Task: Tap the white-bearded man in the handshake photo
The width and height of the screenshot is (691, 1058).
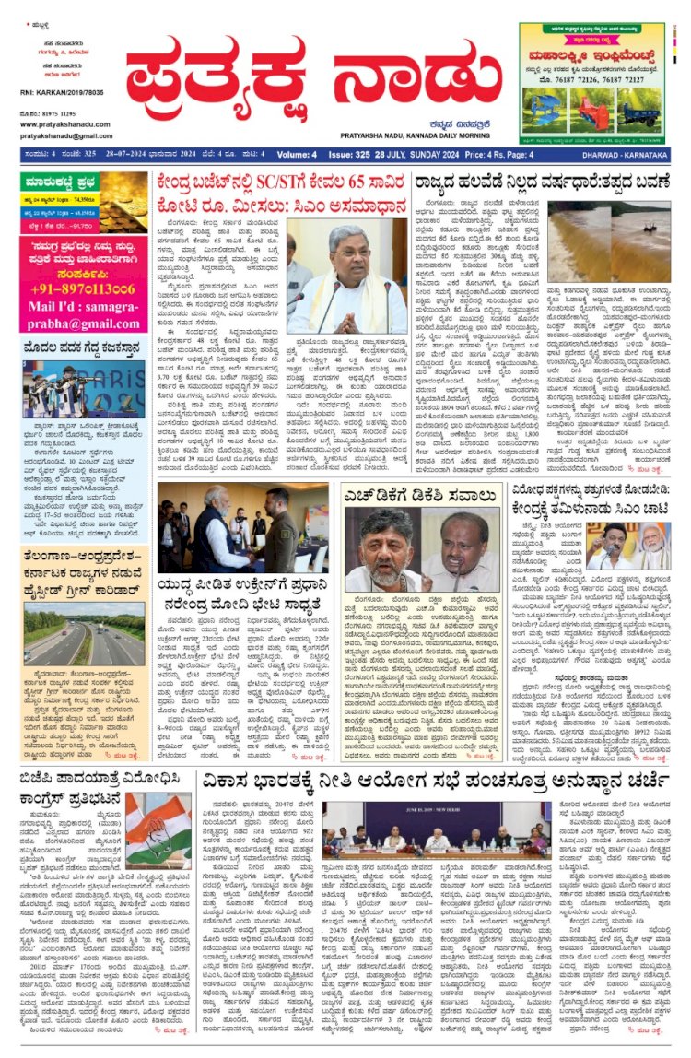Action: [210, 539]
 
